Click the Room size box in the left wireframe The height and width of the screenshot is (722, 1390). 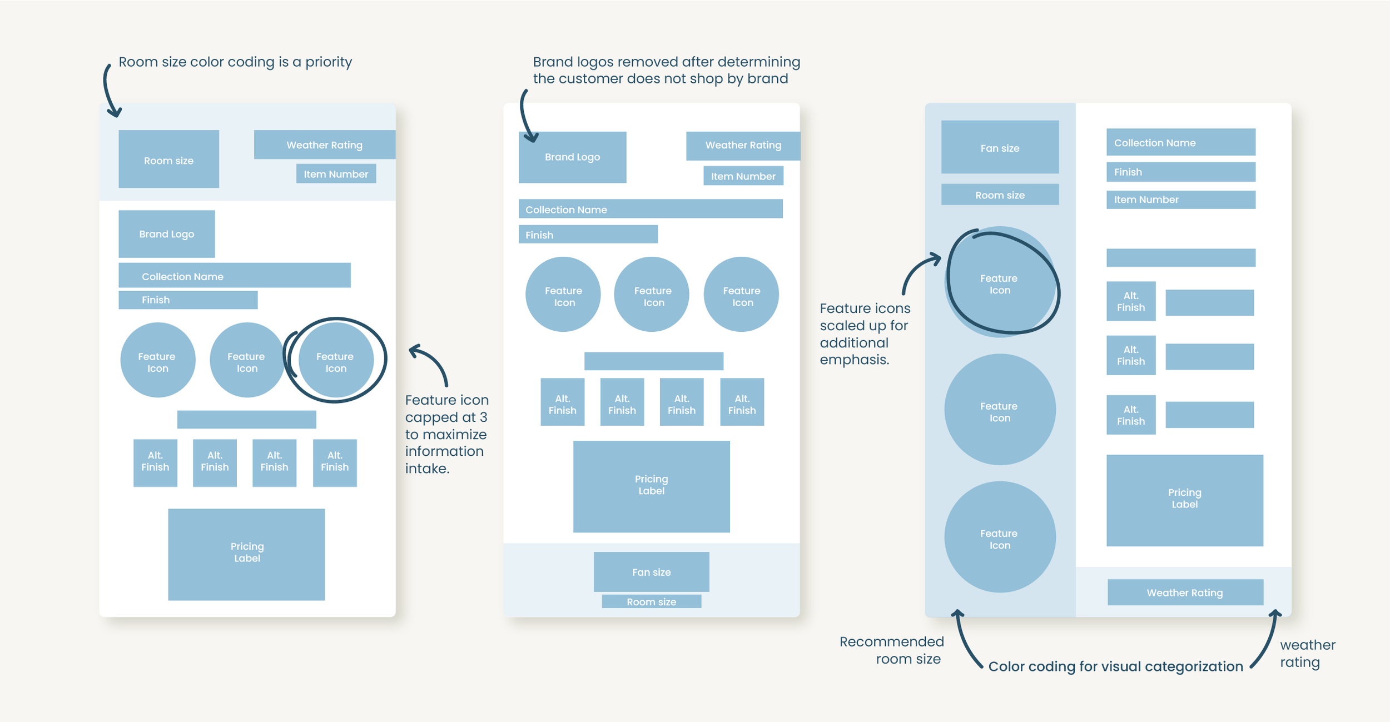tap(168, 159)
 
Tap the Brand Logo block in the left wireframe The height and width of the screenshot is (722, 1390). tap(167, 233)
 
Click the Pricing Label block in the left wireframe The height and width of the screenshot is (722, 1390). tap(246, 554)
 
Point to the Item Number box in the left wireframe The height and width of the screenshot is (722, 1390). tap(336, 174)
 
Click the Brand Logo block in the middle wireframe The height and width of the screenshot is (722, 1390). tap(572, 157)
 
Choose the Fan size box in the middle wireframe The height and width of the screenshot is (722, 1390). tap(651, 571)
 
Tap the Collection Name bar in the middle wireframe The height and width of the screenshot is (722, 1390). tap(651, 209)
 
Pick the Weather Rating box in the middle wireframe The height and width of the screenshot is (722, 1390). tap(743, 145)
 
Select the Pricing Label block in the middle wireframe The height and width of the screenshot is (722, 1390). tap(651, 486)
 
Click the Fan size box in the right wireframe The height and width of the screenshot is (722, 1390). tap(1000, 147)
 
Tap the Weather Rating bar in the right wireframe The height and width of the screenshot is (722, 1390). tap(1185, 592)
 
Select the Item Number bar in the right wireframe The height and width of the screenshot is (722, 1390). tap(1180, 200)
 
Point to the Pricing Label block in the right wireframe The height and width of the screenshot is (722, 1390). tap(1184, 500)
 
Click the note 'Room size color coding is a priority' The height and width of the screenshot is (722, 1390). tap(235, 62)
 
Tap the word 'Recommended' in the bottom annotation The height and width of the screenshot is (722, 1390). tap(891, 641)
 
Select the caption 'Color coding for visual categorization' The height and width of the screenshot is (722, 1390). tap(1115, 666)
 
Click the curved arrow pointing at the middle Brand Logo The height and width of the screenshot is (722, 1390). tap(526, 117)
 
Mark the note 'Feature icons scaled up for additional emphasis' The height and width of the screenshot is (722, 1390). tap(865, 333)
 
